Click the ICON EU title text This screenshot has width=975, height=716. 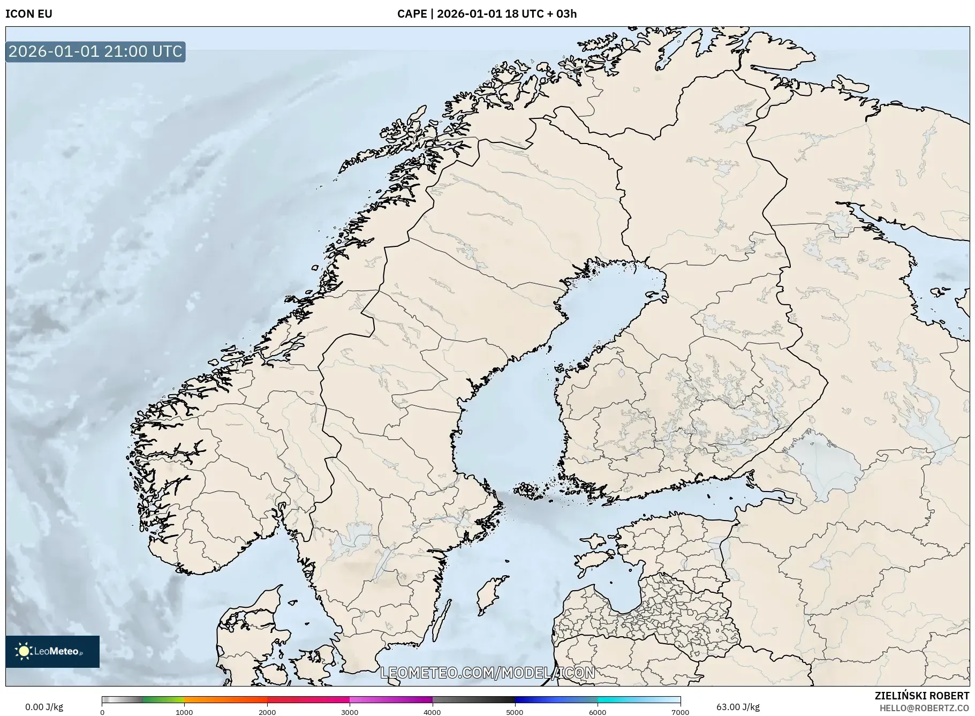pos(29,14)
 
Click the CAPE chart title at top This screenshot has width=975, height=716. pos(487,14)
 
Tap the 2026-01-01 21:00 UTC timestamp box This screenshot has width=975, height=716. pos(95,51)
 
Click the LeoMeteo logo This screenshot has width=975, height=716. pos(52,651)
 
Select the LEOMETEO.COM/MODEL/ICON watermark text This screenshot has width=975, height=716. pos(487,673)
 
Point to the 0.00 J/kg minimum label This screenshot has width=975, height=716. pos(44,707)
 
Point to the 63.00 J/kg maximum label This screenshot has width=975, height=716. pos(738,707)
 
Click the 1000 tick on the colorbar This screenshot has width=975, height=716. pos(184,712)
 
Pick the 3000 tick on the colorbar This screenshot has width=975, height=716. pos(350,712)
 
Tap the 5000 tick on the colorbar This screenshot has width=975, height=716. pos(515,712)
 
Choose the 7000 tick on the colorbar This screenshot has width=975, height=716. pos(680,712)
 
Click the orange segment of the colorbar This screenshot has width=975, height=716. pos(225,699)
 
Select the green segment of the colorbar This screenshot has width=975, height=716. pos(163,699)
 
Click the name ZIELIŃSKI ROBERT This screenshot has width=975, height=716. pos(921,696)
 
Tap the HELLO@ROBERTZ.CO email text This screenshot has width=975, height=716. pos(924,708)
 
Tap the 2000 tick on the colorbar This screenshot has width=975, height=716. pos(267,712)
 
